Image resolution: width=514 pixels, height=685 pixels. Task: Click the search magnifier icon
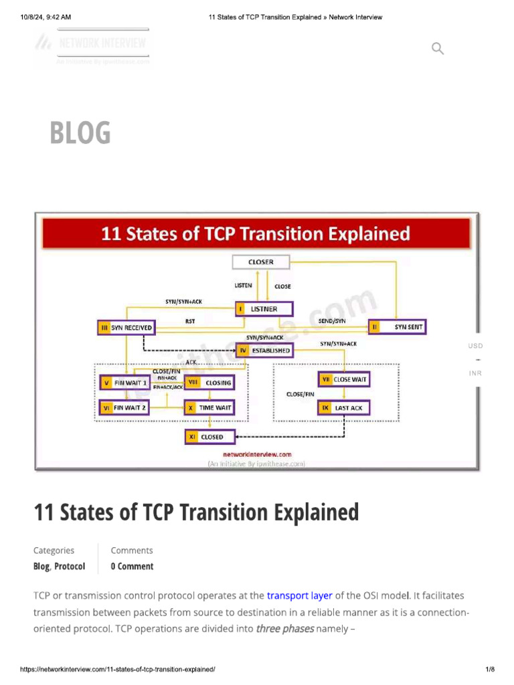438,48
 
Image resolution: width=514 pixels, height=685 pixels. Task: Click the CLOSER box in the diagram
260,262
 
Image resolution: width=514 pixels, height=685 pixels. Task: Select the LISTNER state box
264,309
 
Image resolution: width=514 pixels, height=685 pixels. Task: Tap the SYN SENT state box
397,327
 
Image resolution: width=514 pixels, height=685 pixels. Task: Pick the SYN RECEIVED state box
126,328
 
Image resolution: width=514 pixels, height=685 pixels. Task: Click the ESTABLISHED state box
264,350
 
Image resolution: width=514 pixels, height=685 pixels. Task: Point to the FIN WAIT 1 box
126,383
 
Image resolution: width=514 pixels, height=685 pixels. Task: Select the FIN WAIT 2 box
126,407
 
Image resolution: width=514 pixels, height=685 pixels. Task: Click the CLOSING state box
209,383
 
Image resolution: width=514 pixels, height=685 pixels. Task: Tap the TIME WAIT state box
209,407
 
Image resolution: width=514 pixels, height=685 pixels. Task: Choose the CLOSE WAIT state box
344,379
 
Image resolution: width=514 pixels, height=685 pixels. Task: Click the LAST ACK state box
344,407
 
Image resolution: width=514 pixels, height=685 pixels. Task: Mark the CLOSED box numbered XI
209,437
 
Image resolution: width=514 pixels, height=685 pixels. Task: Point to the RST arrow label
191,322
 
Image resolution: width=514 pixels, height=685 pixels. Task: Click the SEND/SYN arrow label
332,322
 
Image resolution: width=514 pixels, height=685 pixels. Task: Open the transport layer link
299,595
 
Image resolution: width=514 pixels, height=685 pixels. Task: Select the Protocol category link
70,566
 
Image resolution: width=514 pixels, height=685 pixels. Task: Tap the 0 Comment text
132,566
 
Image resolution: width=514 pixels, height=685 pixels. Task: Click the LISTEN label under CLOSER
243,286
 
